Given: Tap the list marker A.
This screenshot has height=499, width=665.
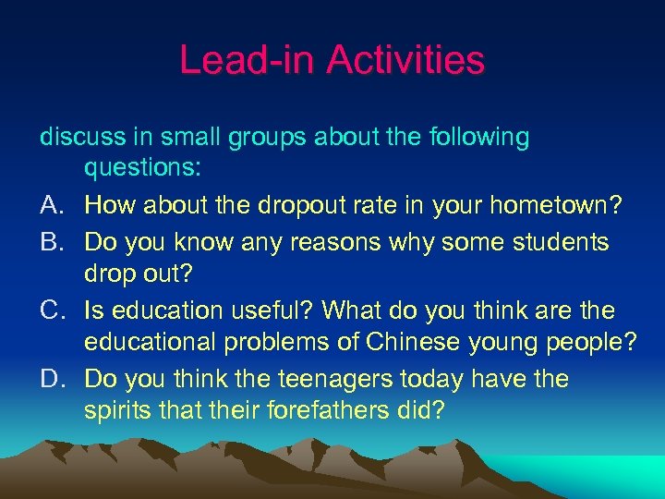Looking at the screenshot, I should [x=52, y=206].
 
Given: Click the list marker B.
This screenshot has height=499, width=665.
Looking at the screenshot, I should [x=52, y=242].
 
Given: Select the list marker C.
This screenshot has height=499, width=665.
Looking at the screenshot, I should [x=53, y=311].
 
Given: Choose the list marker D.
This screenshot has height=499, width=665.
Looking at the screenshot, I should [x=53, y=380].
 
